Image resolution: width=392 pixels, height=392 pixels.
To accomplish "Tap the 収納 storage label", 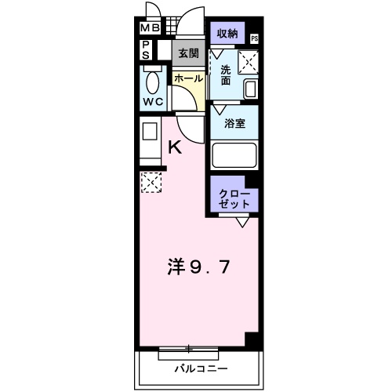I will click(x=227, y=33).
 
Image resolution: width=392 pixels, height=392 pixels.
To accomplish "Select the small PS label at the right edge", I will click(x=255, y=38).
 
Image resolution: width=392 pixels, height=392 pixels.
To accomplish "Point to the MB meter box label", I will click(x=149, y=30).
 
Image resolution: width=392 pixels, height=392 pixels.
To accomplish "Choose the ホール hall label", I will click(x=187, y=78).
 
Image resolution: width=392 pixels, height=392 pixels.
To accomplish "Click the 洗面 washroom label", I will click(x=225, y=74).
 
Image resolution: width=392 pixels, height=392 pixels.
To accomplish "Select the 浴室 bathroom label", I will click(x=234, y=123).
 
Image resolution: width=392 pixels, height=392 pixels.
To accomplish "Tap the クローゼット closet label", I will click(x=234, y=198).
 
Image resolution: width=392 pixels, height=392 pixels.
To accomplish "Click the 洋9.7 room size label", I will click(x=199, y=267).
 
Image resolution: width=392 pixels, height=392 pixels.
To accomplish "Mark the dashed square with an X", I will click(x=150, y=183).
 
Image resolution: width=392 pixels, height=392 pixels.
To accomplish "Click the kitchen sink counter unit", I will click(x=149, y=139).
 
